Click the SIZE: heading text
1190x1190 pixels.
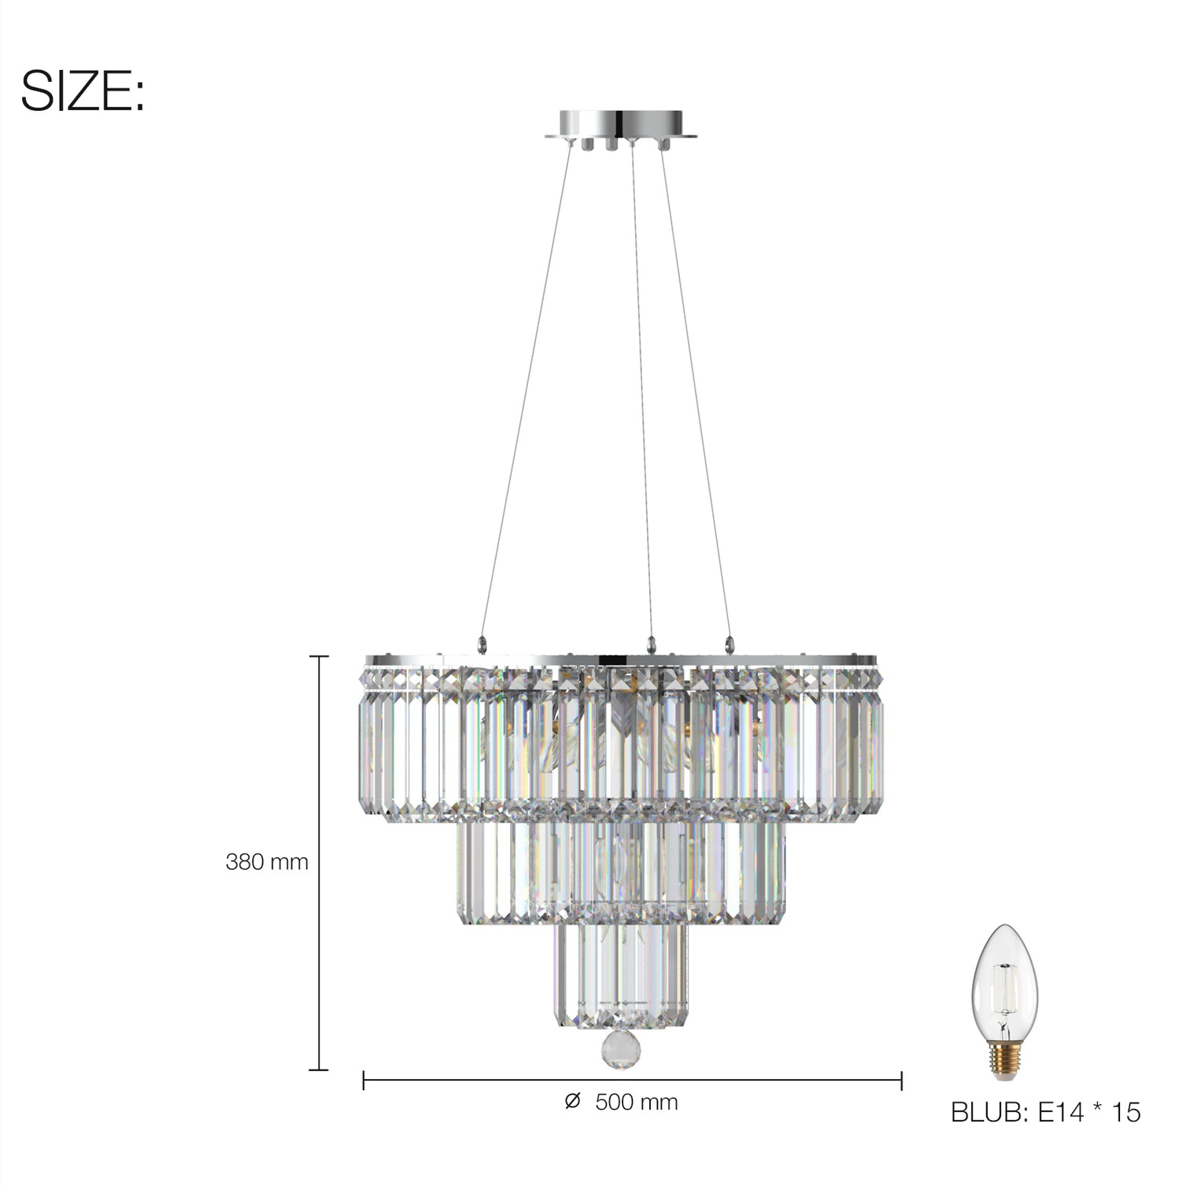point(82,91)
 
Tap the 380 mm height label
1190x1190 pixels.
point(267,862)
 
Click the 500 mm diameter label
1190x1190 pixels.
point(636,1102)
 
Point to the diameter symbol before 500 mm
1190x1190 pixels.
point(572,1101)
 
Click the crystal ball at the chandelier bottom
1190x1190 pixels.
point(619,1049)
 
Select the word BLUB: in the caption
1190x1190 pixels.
point(989,1112)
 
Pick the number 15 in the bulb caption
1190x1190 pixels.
point(1126,1112)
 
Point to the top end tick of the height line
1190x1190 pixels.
point(318,656)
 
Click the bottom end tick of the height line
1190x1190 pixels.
point(318,1070)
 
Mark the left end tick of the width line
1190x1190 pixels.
point(364,1081)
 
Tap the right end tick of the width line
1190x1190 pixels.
point(901,1081)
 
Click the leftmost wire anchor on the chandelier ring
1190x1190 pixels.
point(482,644)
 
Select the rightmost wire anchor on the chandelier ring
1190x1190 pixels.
point(729,644)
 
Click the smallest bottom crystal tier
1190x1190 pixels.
point(620,976)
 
